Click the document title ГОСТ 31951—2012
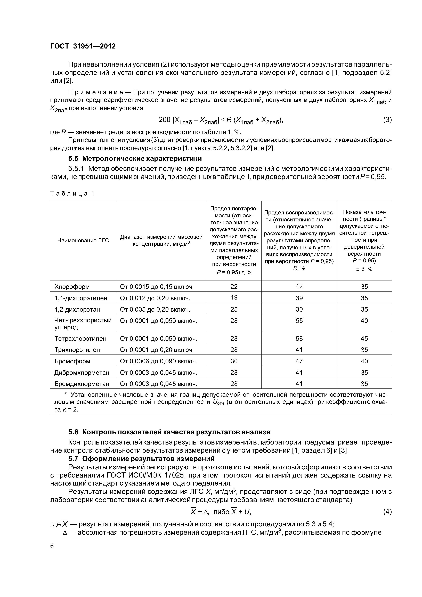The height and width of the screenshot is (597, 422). tap(83, 46)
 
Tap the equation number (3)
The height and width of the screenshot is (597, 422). tap(387, 120)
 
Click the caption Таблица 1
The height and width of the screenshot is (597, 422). tap(72, 193)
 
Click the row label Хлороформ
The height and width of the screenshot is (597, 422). tap(72, 287)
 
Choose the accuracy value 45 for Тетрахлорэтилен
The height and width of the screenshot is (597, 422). tap(364, 338)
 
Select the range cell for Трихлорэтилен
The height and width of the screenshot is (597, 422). tap(157, 350)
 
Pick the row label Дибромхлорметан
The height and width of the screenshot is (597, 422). tap(82, 373)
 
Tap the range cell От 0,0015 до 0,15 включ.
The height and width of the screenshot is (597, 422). tap(157, 287)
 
